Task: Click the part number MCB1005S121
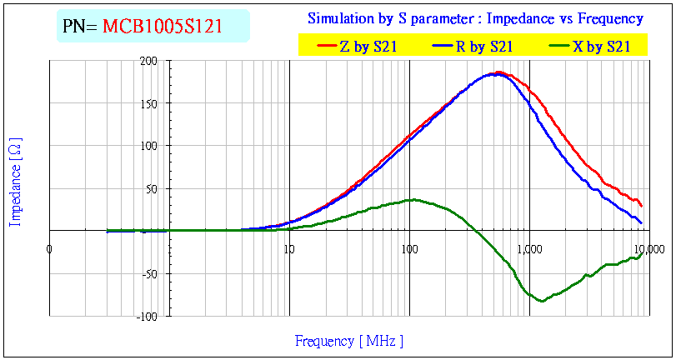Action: click(163, 27)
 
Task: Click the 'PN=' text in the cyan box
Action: click(81, 27)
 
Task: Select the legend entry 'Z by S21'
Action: click(361, 47)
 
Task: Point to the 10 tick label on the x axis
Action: click(289, 247)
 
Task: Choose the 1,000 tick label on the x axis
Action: click(529, 247)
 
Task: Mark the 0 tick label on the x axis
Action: click(50, 247)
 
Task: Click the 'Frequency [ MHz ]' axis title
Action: click(348, 341)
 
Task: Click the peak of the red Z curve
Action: click(498, 72)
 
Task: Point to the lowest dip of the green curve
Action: click(542, 301)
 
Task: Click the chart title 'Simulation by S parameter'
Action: click(475, 18)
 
